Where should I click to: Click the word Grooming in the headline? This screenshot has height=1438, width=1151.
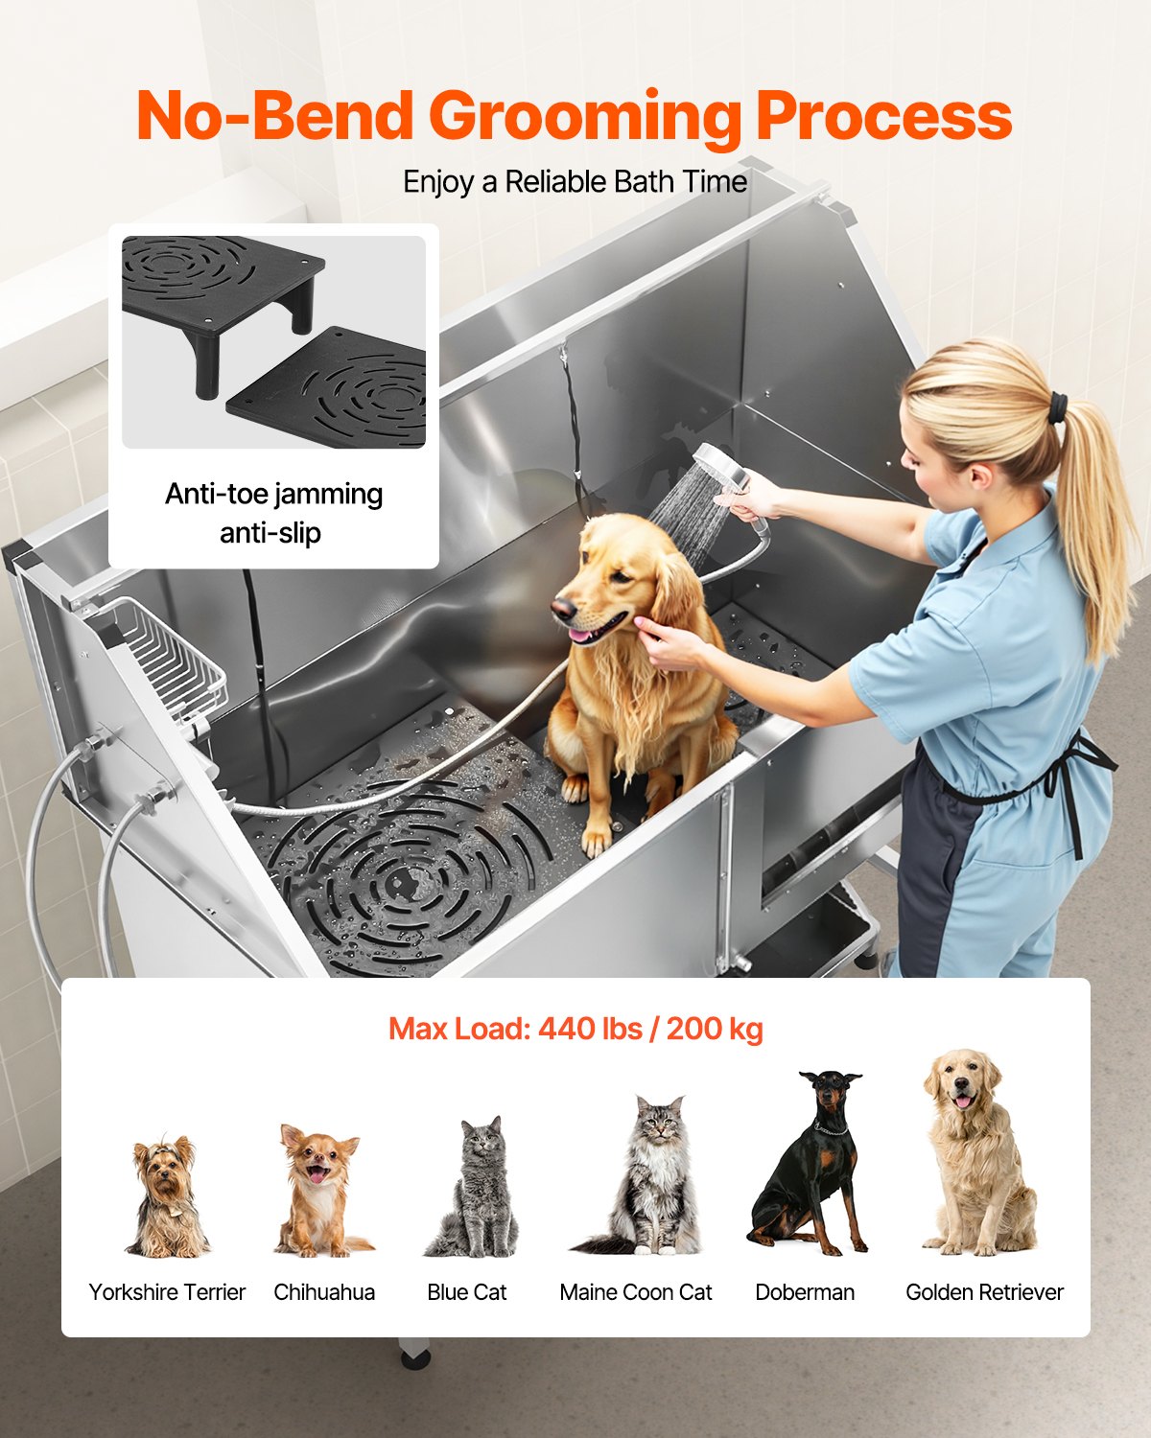588,117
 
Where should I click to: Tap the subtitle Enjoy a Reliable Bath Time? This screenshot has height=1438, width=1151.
575,182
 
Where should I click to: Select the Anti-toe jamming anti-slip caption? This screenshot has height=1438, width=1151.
273,513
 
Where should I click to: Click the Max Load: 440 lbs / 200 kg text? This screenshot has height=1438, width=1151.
575,1029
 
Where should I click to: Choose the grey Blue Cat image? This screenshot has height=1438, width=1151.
473,1189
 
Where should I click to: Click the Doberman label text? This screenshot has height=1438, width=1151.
805,1292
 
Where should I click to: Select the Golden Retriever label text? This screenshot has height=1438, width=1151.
984,1292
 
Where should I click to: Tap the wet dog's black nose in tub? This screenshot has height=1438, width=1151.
563,608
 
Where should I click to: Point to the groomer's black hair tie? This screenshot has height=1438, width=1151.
1057,407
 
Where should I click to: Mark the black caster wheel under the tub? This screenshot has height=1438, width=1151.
414,1357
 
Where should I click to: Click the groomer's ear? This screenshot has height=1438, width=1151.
978,475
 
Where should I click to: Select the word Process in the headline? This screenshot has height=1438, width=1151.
883,117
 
